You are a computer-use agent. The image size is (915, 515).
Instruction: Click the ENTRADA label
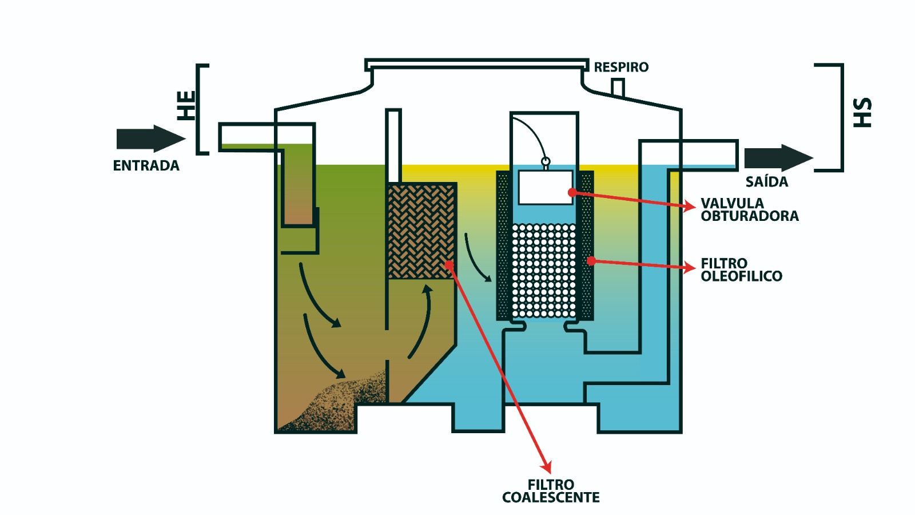[146, 165]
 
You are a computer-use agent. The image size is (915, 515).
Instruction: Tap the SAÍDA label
[767, 182]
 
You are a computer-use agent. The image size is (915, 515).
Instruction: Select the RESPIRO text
[621, 67]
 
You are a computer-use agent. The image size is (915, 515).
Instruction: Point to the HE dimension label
[186, 105]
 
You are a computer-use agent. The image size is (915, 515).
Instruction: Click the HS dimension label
[862, 112]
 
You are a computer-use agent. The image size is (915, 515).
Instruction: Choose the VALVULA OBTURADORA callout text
[750, 209]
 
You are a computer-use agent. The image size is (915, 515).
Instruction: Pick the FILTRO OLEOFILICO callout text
[741, 270]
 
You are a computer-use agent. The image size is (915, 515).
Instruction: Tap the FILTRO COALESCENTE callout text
[551, 491]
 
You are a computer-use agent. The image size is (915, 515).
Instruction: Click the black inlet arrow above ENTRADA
[151, 138]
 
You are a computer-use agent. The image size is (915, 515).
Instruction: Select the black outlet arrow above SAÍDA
[778, 158]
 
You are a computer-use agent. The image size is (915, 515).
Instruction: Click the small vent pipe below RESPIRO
[618, 88]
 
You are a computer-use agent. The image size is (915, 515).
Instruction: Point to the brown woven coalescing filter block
[421, 231]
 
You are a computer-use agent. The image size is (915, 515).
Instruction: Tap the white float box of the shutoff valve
[546, 187]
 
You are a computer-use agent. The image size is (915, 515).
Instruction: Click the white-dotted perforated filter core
[544, 271]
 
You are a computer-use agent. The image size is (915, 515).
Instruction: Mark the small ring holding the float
[546, 161]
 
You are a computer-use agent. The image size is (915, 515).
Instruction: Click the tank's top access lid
[477, 65]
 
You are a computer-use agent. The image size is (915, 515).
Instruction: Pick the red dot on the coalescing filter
[449, 264]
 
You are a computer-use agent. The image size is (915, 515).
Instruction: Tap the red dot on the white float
[572, 192]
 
